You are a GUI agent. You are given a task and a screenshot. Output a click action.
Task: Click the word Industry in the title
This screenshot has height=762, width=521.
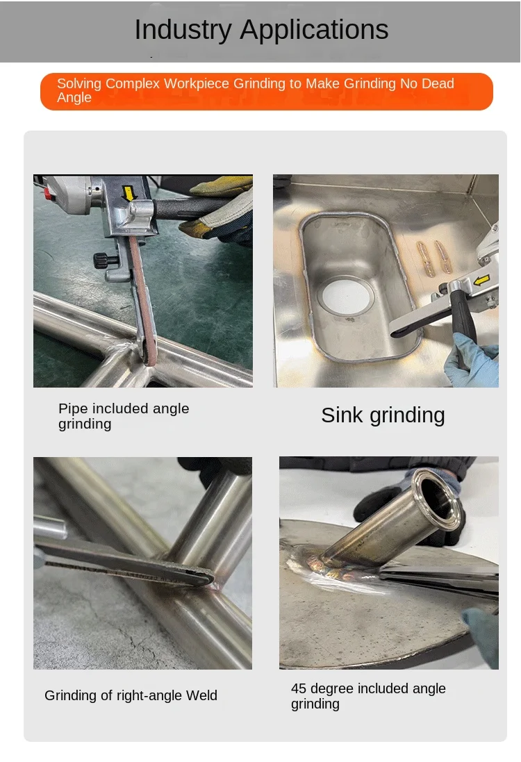[x=183, y=30]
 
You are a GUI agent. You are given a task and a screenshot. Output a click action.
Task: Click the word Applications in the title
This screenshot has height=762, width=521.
[x=314, y=30]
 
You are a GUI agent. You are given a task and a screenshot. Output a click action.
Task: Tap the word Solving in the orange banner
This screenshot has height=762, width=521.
[x=79, y=83]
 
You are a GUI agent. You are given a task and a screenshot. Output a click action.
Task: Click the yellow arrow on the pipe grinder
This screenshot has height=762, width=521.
[x=129, y=193]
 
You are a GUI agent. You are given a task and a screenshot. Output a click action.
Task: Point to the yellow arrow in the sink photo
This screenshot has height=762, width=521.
[x=481, y=281]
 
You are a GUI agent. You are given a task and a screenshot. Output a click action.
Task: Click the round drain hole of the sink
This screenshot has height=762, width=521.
[x=345, y=296]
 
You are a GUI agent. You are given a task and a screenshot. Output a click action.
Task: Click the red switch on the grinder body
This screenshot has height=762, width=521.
[x=48, y=193]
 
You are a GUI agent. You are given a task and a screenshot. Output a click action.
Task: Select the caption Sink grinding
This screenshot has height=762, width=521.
[x=383, y=415]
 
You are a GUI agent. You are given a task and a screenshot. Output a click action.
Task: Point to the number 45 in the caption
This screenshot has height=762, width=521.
[x=299, y=688]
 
